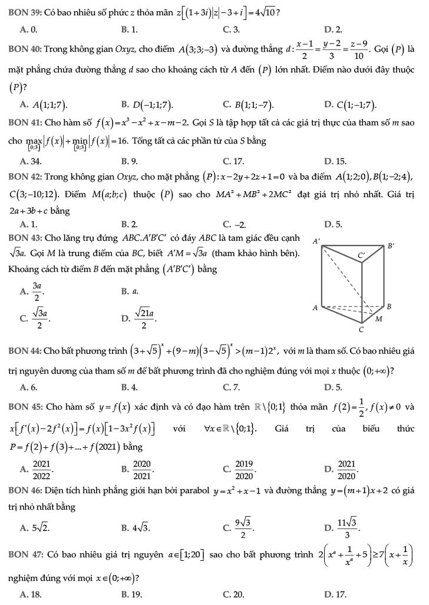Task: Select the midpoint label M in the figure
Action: [x=379, y=318]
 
